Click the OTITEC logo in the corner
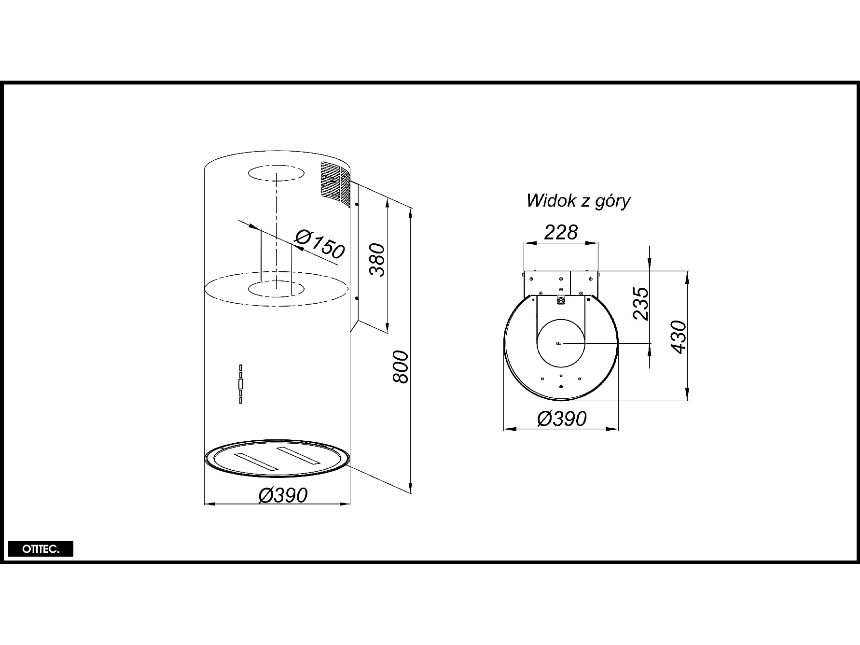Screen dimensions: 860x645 (x=41, y=549)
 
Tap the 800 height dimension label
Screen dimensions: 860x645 (x=401, y=367)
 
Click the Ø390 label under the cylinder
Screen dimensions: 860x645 (x=283, y=495)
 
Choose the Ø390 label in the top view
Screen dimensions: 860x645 (x=562, y=419)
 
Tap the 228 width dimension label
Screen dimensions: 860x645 (x=561, y=232)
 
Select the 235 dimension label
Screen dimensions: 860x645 (x=641, y=304)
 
